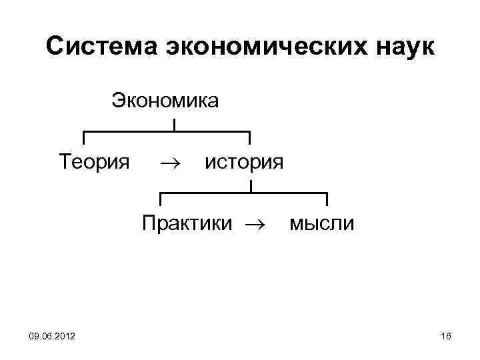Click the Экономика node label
point(165,101)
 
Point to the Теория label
point(94,161)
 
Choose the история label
point(244,161)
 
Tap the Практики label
point(187,222)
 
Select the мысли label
point(322,222)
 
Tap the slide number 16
point(446,337)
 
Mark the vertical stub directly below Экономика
point(174,125)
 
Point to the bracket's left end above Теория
point(83,138)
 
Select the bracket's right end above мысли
point(327,199)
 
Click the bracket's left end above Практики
point(160,199)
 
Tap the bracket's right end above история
point(250,138)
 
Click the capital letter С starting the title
point(57,47)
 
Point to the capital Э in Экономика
point(117,101)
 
